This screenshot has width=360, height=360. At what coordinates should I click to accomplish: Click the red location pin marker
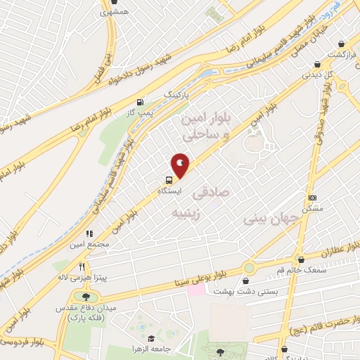181,166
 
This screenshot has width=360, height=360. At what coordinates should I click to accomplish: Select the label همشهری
115,12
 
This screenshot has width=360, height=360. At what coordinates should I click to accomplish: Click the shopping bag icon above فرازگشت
341,43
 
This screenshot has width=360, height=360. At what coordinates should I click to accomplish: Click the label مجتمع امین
89,244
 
